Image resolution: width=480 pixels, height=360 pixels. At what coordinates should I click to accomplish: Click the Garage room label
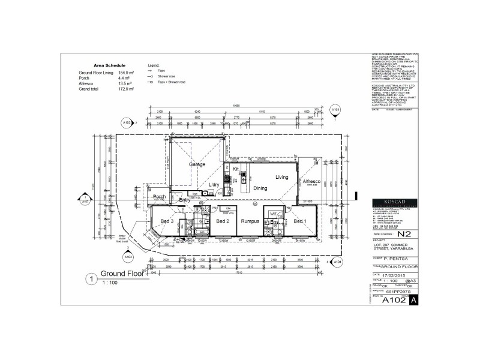[x=197, y=164]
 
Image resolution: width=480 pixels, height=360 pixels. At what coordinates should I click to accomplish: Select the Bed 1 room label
[x=301, y=221]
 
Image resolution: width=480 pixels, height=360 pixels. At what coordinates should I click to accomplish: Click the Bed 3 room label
[x=167, y=221]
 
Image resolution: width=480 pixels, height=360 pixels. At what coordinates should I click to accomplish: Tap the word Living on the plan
[x=282, y=177]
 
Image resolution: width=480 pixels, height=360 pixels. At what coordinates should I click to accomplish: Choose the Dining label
[x=260, y=188]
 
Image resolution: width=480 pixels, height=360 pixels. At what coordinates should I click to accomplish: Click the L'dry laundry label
[x=214, y=185]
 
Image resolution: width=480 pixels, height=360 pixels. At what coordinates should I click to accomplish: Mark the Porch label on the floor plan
[x=160, y=197]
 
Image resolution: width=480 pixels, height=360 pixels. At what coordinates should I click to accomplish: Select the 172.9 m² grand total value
[x=127, y=88]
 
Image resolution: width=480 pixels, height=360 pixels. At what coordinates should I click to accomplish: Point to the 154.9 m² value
[x=127, y=72]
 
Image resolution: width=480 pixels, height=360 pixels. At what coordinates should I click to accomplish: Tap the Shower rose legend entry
[x=167, y=76]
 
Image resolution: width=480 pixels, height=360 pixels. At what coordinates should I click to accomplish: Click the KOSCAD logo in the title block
[x=391, y=202]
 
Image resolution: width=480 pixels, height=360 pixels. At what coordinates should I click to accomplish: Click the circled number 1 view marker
[x=91, y=278]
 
